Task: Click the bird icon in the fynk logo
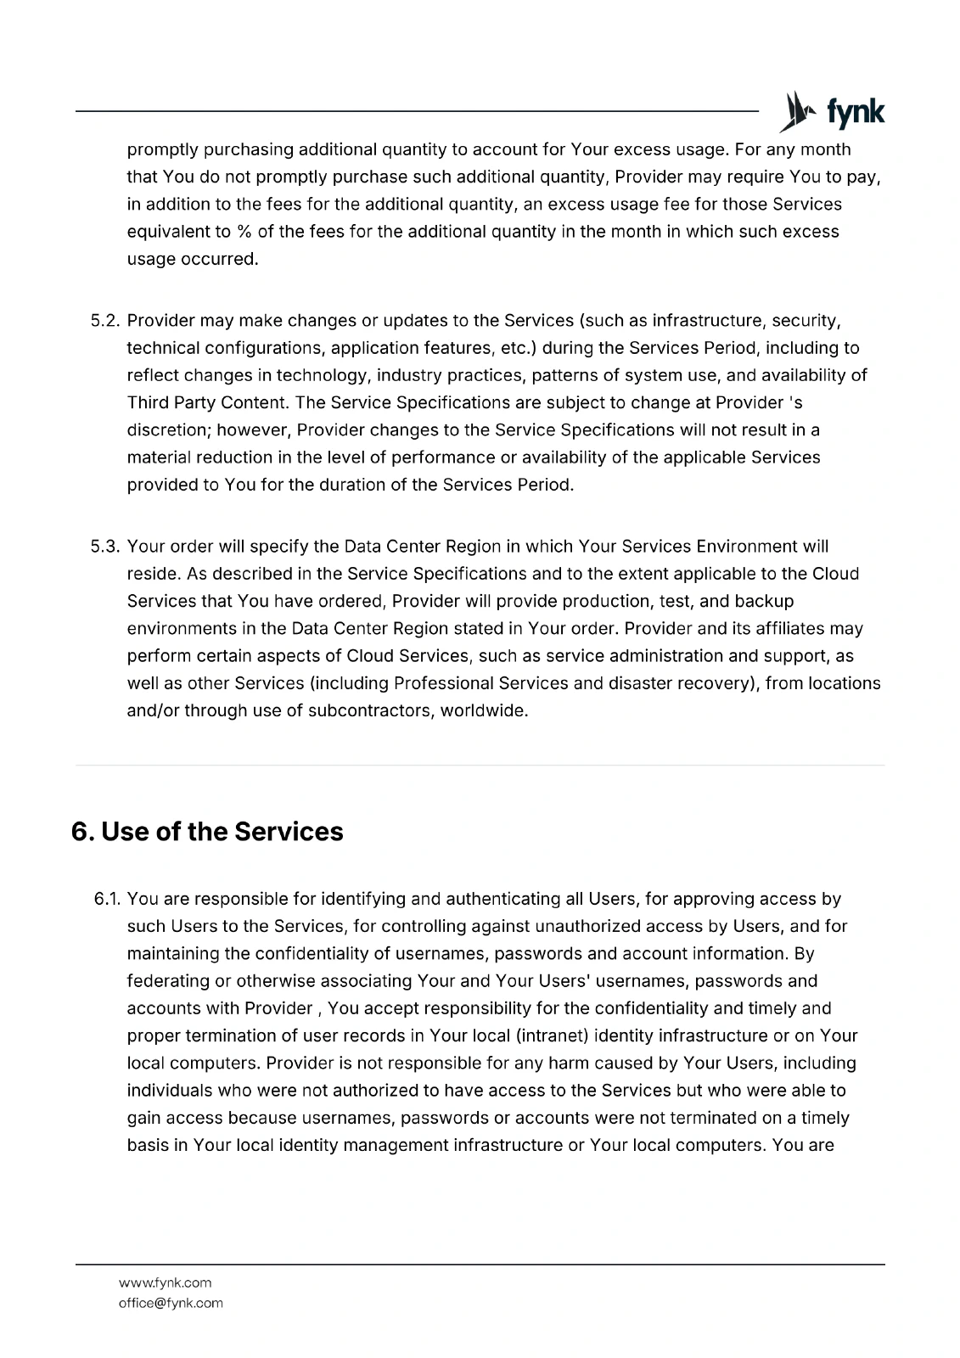[794, 112]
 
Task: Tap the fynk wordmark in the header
[855, 113]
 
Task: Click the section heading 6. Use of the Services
[207, 832]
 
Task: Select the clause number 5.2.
[107, 321]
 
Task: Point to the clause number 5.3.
[107, 547]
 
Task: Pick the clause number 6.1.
[109, 899]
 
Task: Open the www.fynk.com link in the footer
[165, 1282]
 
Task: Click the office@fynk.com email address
[171, 1303]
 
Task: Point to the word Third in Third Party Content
[148, 402]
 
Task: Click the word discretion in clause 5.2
[166, 430]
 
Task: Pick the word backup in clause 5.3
[766, 602]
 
